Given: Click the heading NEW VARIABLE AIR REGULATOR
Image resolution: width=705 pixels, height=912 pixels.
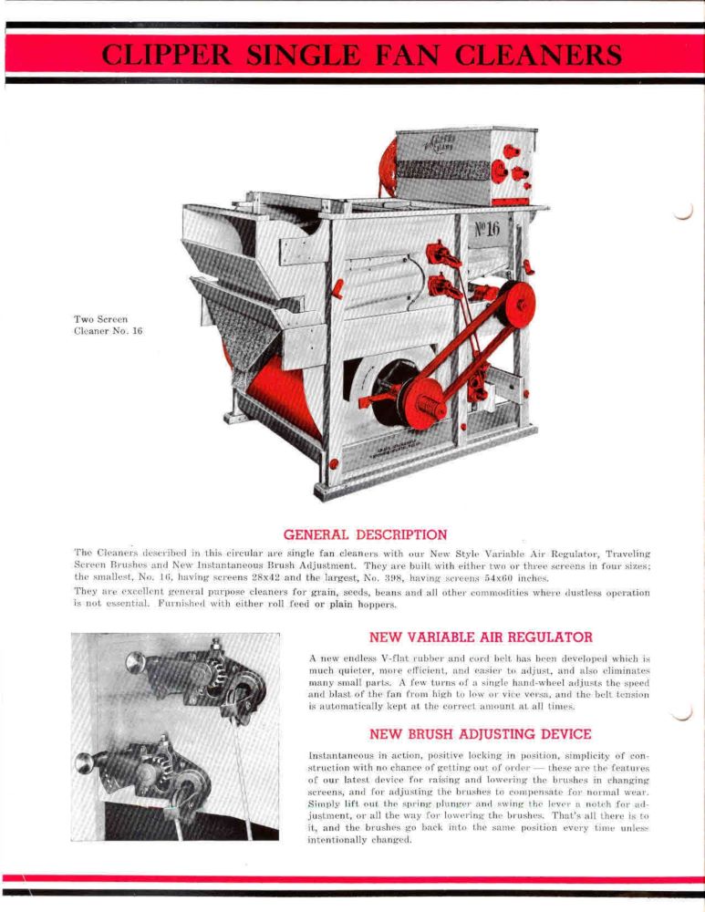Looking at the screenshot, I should coord(481,637).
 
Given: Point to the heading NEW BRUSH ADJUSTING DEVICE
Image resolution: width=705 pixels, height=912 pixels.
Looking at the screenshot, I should coord(481,733).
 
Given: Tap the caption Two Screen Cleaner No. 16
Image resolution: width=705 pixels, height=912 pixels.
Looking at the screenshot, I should coord(108,325).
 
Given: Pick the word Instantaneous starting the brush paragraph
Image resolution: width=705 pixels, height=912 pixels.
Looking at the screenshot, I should coord(347,755).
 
